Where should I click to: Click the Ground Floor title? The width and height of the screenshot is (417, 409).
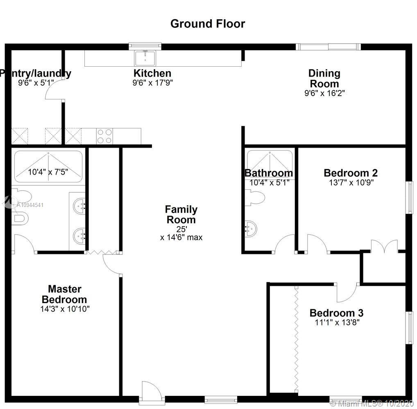tap(208, 24)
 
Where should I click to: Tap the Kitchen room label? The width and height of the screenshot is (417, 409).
tap(152, 74)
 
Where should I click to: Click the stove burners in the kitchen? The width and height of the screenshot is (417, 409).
tap(104, 136)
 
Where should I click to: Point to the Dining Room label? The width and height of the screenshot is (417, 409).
tap(324, 79)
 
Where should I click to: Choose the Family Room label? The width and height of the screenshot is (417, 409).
tap(181, 214)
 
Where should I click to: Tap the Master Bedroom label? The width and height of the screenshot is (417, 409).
tap(64, 294)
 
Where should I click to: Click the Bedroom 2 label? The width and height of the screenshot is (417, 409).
tap(350, 173)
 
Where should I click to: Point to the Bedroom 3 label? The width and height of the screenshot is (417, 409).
tap(336, 313)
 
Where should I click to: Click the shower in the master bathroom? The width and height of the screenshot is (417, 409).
tap(48, 167)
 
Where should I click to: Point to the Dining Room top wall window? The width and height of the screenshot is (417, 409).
tap(329, 47)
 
